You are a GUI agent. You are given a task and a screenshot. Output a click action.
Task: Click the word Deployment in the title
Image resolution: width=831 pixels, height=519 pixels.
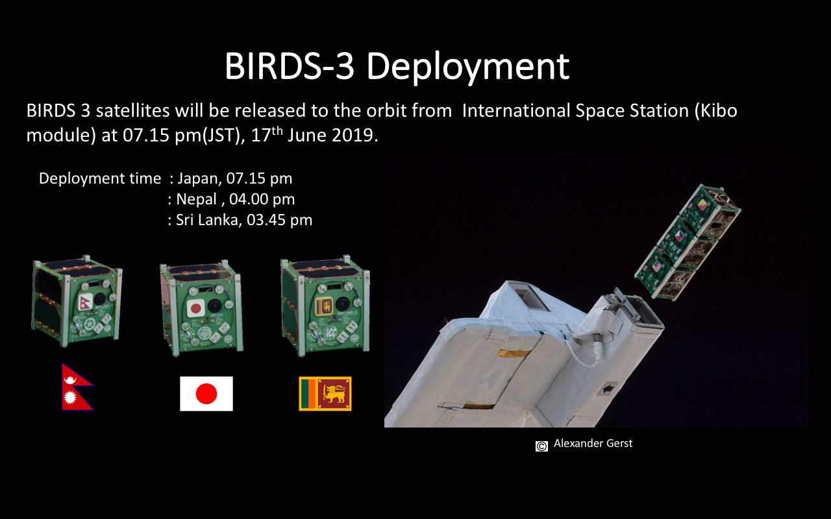(468, 67)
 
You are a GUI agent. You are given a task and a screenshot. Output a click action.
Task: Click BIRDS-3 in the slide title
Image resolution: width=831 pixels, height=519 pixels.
(290, 66)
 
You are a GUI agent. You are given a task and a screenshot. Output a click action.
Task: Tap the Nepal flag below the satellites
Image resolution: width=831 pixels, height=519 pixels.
(77, 387)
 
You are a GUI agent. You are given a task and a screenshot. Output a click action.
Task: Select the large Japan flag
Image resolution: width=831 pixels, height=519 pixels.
(206, 394)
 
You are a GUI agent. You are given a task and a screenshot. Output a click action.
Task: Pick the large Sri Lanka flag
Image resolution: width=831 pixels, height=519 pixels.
(325, 394)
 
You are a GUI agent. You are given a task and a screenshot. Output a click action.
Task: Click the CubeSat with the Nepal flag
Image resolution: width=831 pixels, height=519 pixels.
(77, 300)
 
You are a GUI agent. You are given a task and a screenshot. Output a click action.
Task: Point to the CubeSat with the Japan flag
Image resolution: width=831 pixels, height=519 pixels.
(201, 308)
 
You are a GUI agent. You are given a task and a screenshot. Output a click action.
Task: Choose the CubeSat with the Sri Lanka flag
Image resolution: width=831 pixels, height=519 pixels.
(325, 306)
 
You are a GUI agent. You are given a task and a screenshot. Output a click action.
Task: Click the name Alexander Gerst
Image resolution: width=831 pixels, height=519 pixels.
(593, 443)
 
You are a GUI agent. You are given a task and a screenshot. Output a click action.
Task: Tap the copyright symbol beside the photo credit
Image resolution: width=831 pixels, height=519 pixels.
(541, 446)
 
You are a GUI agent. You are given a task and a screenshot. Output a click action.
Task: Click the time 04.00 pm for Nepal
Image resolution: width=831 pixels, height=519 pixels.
(262, 199)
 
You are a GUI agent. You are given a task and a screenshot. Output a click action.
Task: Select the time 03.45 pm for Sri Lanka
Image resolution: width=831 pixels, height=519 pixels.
(279, 220)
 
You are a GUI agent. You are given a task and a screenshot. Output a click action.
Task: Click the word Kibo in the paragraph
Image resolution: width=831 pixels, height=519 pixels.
(719, 110)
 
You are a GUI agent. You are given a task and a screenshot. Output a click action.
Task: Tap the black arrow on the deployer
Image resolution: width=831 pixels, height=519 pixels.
(607, 389)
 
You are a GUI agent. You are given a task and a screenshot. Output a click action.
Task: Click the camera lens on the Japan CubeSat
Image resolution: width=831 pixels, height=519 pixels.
(215, 306)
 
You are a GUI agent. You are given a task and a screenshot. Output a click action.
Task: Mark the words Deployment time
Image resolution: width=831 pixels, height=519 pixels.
(100, 178)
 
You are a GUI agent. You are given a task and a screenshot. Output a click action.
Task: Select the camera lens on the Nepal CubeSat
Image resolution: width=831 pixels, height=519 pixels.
(100, 298)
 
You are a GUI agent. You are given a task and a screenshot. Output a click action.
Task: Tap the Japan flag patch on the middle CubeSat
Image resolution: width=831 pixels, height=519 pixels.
(195, 308)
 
